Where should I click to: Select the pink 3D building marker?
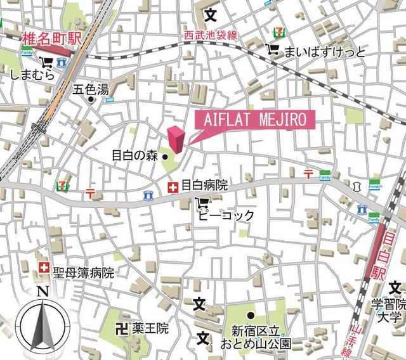(176, 139)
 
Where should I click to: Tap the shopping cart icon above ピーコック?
(202, 203)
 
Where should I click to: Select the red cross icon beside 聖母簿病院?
(43, 268)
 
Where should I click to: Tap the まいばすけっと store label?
(325, 51)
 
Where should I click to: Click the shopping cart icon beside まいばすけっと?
(274, 50)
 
